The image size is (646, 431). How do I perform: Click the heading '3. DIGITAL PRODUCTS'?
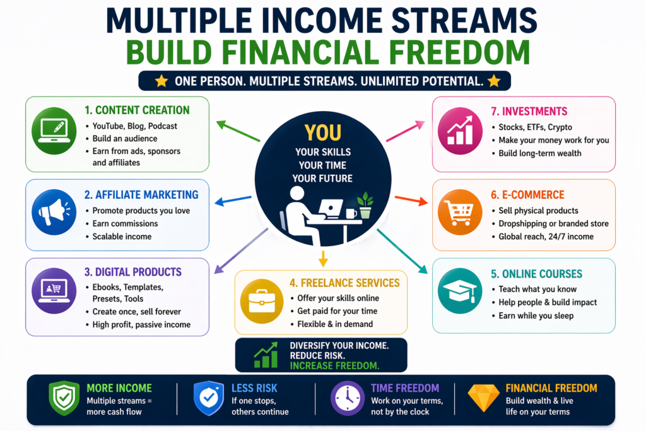[133, 273]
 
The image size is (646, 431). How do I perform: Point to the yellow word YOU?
[322, 133]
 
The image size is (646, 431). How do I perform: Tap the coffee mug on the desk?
[351, 213]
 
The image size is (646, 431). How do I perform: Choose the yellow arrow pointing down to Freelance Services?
[322, 257]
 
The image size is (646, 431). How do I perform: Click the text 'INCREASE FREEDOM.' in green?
[326, 365]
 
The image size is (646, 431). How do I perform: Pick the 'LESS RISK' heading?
[254, 388]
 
